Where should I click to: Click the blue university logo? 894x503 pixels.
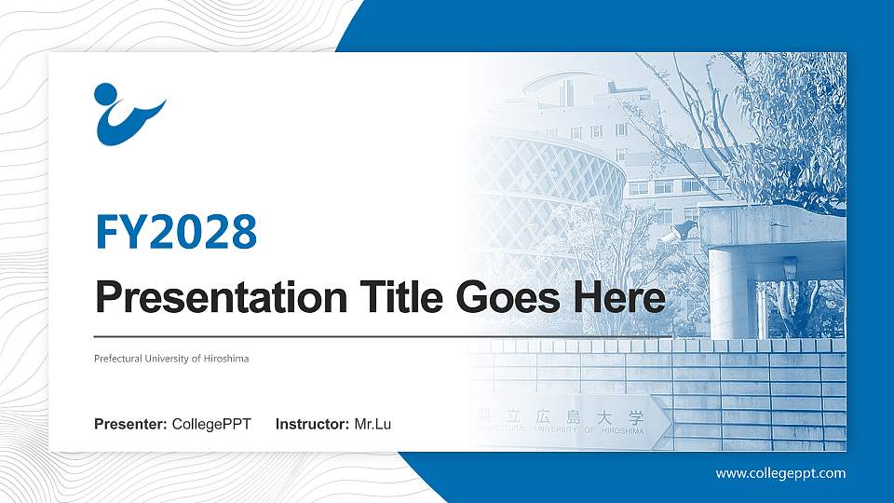click(x=129, y=115)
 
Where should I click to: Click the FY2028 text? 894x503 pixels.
click(x=176, y=232)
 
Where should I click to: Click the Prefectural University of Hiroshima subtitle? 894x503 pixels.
click(x=171, y=359)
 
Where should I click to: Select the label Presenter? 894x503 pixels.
click(x=130, y=425)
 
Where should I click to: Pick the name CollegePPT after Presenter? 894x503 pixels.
click(x=211, y=425)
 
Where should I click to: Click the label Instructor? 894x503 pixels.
click(x=313, y=425)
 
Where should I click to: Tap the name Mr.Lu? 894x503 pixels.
click(x=372, y=425)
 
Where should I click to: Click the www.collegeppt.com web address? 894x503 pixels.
click(x=780, y=473)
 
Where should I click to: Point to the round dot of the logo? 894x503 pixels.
click(x=105, y=95)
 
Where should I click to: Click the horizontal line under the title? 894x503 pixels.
click(x=382, y=336)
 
